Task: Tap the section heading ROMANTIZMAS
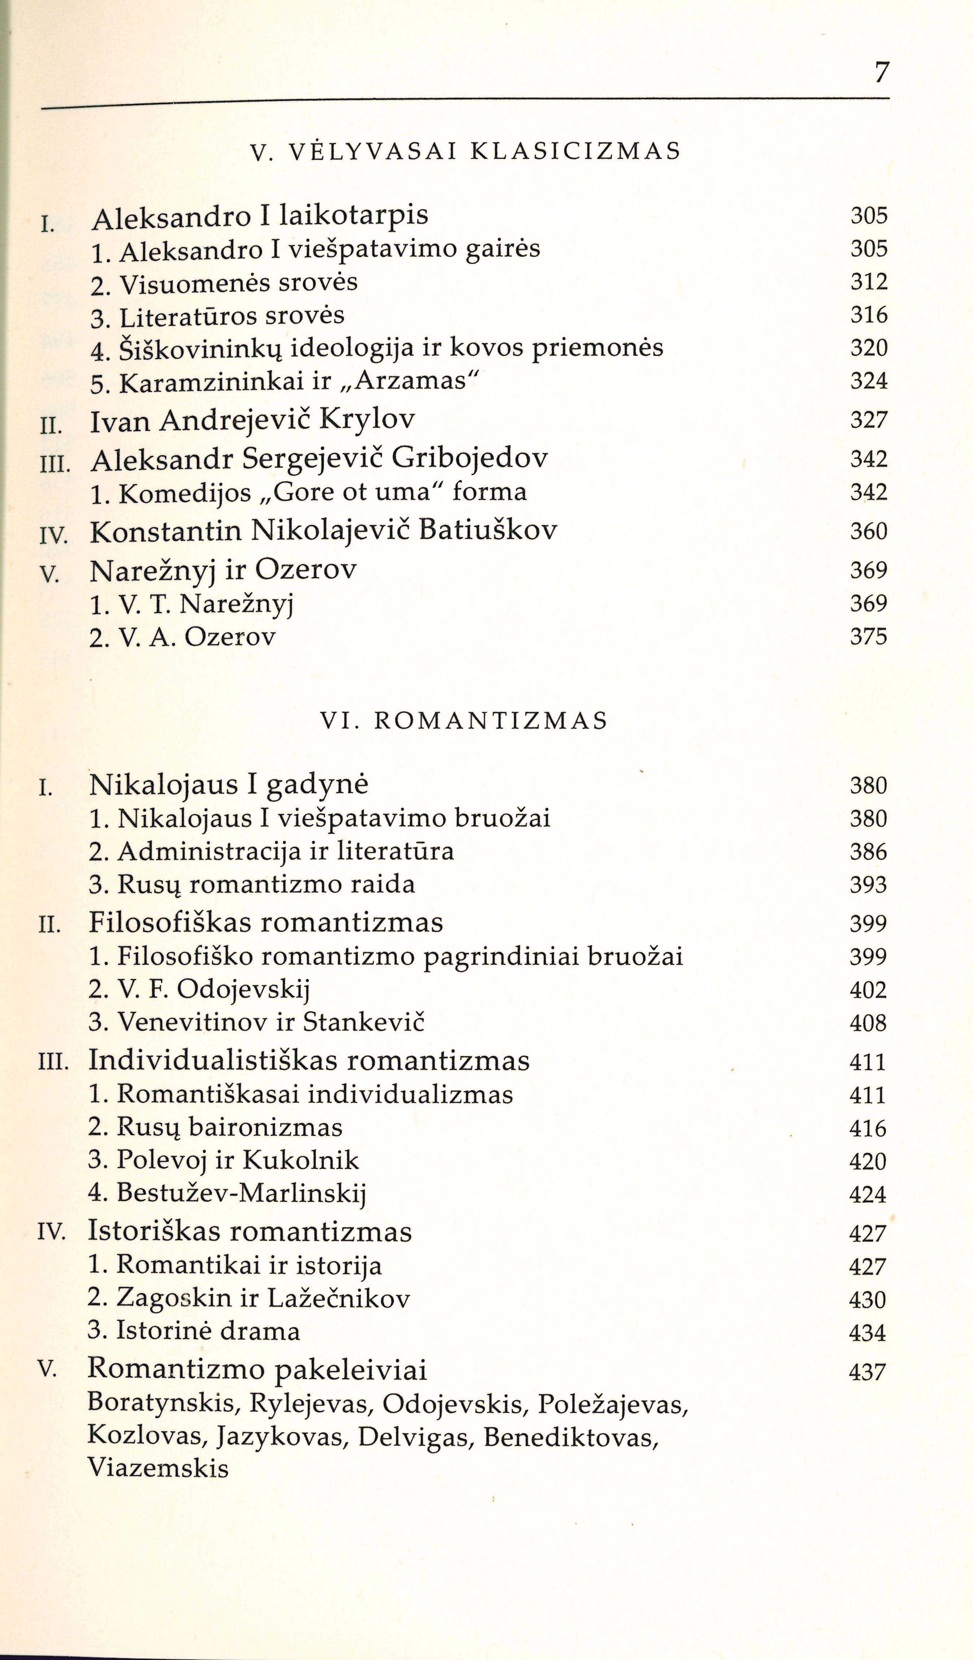tap(491, 721)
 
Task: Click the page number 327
tap(868, 420)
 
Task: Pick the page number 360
tap(868, 531)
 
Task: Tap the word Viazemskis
tap(158, 1468)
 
